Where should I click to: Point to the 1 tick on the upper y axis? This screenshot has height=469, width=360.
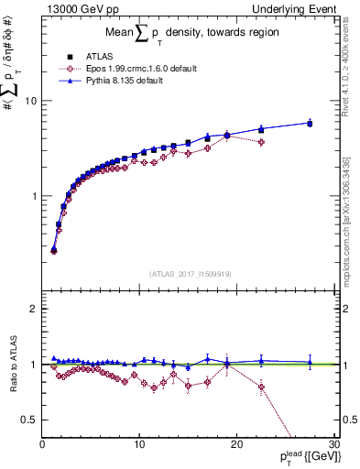[33, 196]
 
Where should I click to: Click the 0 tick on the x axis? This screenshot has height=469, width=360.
[42, 444]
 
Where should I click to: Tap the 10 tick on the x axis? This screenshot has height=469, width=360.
[139, 444]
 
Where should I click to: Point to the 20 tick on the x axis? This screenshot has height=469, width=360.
[236, 444]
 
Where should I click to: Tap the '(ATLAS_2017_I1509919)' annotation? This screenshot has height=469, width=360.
[190, 273]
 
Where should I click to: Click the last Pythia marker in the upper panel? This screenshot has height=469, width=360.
[310, 122]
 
